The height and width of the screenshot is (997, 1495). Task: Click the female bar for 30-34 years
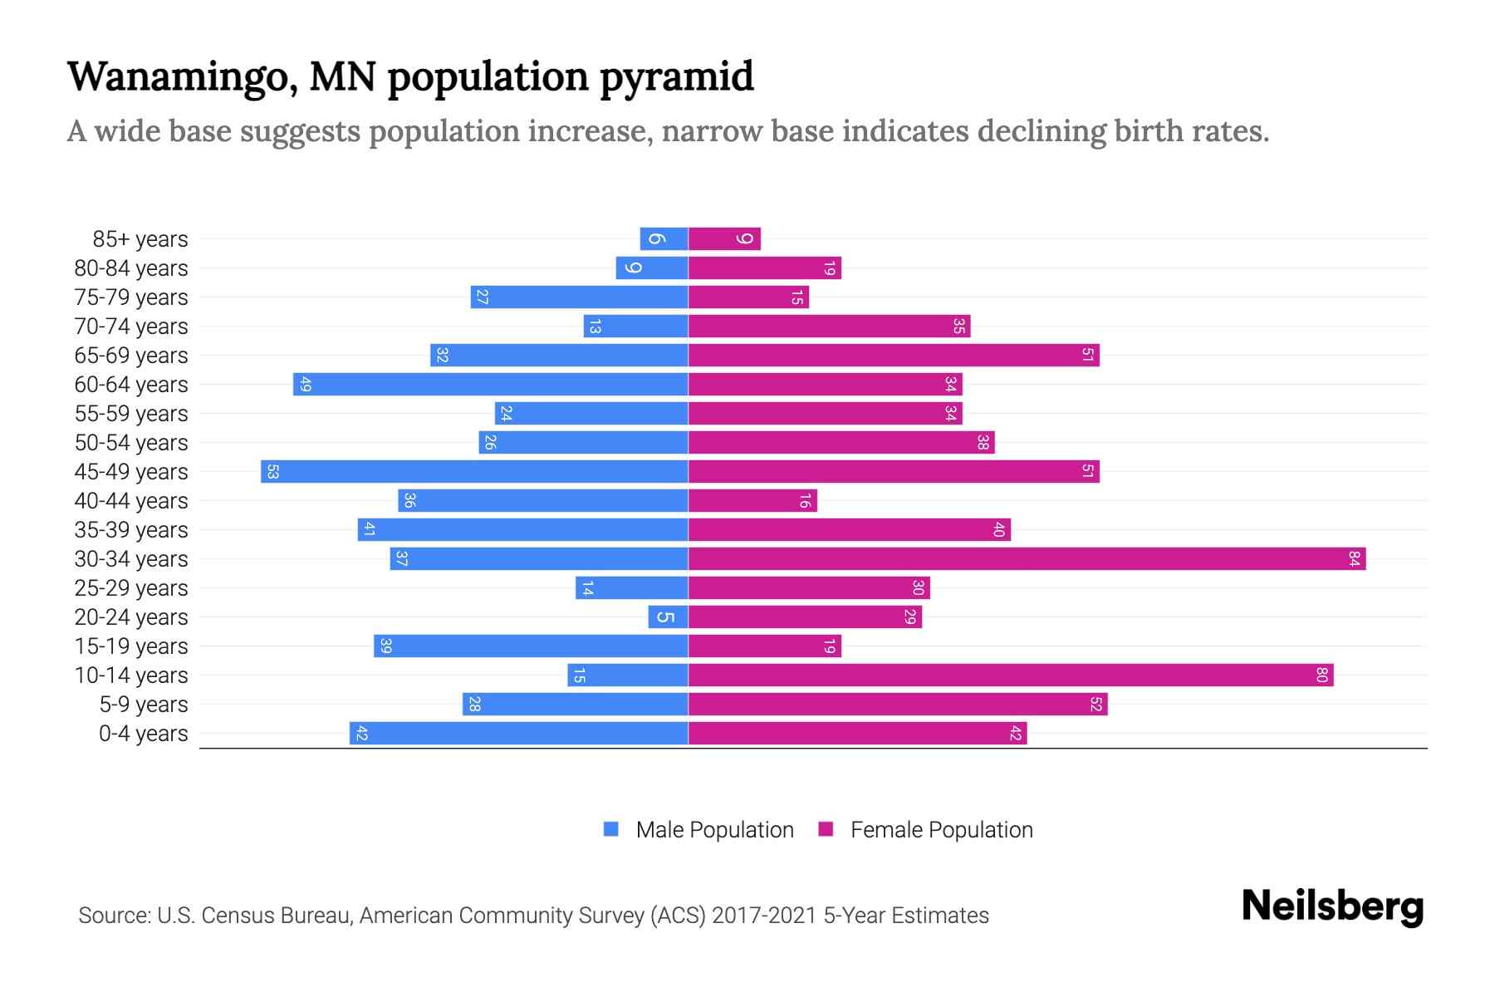1027,558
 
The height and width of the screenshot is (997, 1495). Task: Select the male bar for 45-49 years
474,471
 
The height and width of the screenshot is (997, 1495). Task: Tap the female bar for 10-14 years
1011,675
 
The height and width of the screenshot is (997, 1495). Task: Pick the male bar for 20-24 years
668,616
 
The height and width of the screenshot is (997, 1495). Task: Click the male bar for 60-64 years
490,384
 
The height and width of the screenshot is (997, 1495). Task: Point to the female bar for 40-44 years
752,500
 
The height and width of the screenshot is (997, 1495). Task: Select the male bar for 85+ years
664,238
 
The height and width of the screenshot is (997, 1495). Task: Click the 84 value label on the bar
1354,558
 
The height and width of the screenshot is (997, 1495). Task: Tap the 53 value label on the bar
272,471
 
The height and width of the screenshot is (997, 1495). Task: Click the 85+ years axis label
140,239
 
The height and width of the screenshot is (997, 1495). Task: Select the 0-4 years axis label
143,734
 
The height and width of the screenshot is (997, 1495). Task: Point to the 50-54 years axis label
131,443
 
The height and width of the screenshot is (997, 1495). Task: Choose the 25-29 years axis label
131,588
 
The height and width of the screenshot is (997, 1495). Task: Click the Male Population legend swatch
611,829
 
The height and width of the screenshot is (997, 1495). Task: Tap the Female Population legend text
941,829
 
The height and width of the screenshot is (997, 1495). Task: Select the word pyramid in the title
676,76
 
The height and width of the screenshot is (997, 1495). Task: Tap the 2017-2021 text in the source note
764,916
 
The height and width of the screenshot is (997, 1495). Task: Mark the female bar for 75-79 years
748,297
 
